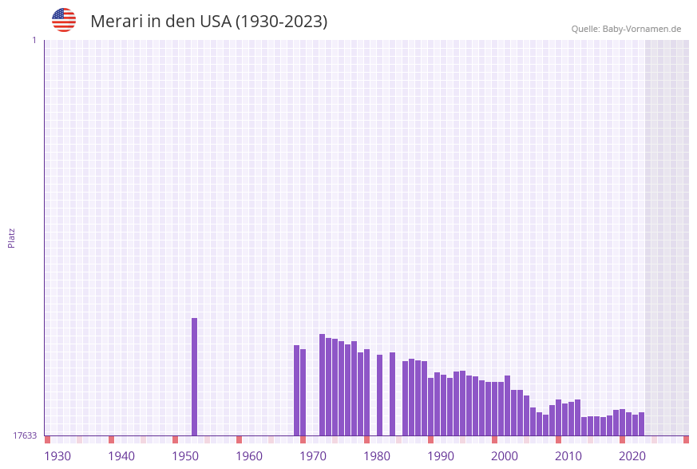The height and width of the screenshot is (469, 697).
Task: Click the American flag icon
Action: click(x=64, y=20)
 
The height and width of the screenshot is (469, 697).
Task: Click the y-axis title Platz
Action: click(x=12, y=237)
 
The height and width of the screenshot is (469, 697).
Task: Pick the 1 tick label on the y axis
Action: click(x=34, y=40)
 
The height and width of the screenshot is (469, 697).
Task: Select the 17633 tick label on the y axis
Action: click(x=25, y=435)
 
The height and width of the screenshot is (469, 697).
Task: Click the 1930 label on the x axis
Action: click(x=57, y=455)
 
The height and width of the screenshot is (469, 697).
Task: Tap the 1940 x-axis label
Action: click(x=121, y=455)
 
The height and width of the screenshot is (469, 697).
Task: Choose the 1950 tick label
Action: click(x=185, y=455)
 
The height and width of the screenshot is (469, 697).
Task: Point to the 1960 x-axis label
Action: click(x=249, y=455)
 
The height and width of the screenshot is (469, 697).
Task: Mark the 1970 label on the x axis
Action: click(x=313, y=455)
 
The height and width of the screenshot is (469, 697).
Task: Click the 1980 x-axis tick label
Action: click(x=377, y=455)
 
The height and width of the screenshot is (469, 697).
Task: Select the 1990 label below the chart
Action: click(x=441, y=455)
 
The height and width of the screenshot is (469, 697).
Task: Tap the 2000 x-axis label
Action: click(x=505, y=455)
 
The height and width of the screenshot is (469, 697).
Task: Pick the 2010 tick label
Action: click(x=568, y=455)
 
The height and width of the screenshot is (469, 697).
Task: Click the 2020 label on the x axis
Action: click(x=632, y=455)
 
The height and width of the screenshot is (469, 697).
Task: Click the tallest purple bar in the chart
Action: click(x=194, y=376)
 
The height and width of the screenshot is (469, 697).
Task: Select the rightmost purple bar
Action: click(x=641, y=423)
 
